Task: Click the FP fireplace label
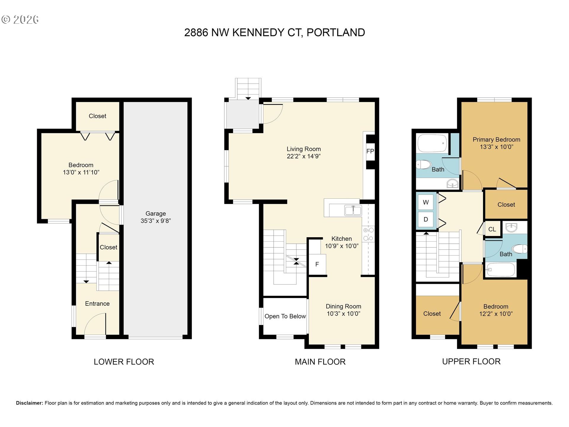coord(370,151)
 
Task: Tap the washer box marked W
coord(426,202)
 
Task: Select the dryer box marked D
coord(426,219)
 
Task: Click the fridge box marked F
coord(317,264)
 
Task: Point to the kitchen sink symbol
coord(353,211)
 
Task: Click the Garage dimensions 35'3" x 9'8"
coord(156,221)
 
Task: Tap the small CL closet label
coord(492,229)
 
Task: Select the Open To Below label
coord(285,316)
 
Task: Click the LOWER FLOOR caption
coord(124,362)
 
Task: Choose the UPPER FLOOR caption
coord(471,361)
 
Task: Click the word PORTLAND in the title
coord(335,33)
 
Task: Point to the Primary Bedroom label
coord(496,140)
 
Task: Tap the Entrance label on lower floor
coord(97,304)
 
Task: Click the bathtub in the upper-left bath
coord(432,143)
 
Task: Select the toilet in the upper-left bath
coord(424,164)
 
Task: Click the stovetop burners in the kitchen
coord(368,234)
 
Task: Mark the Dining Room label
coord(343,307)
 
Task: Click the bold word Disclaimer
coord(29,403)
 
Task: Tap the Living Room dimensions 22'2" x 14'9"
coord(303,156)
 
